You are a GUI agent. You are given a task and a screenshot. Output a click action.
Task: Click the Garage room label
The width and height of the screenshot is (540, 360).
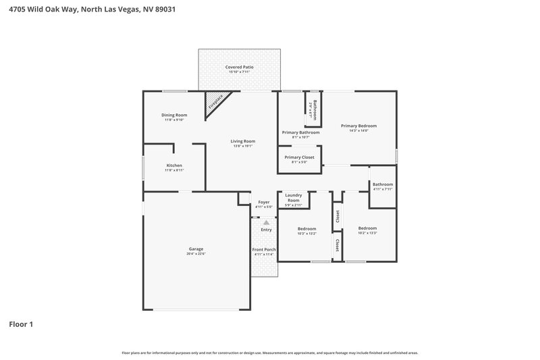coord(196,249)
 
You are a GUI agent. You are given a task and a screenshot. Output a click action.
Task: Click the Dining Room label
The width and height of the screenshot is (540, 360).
coord(174,115)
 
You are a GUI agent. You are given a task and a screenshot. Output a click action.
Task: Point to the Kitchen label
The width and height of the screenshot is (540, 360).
coord(174,165)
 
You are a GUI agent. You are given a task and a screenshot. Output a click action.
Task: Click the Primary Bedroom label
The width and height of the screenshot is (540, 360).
coord(358,126)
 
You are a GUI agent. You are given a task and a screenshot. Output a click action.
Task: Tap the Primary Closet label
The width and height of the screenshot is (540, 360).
coord(298,157)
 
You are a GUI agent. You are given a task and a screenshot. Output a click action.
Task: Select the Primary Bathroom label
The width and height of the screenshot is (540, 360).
coord(300,132)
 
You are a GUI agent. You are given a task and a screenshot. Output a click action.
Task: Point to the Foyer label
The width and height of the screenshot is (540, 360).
coord(264,203)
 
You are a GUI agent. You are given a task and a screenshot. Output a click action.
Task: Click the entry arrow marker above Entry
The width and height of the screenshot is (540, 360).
coord(266,222)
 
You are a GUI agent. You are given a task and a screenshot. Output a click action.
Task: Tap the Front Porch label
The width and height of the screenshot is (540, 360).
coord(264,250)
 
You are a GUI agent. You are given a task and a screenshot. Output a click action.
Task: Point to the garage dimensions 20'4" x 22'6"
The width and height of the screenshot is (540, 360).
coord(196,254)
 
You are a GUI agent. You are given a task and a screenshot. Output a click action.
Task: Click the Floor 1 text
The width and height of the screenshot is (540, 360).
coord(21,325)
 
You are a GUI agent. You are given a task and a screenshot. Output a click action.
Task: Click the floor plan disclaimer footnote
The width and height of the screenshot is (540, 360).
coord(270,353)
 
